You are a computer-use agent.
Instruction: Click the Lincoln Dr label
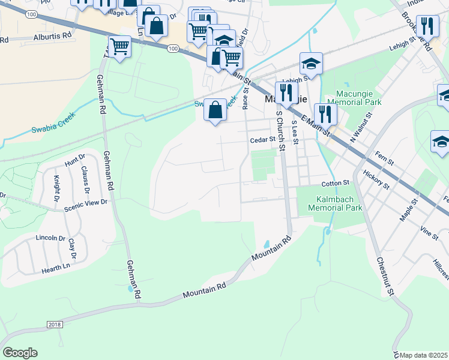pyautogui.click(x=50, y=238)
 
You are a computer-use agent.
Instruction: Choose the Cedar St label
pyautogui.click(x=262, y=140)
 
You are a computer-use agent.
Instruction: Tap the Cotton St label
pyautogui.click(x=335, y=182)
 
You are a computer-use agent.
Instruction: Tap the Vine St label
pyautogui.click(x=429, y=233)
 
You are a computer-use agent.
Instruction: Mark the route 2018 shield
pyautogui.click(x=54, y=324)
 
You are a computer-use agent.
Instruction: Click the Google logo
pyautogui.click(x=20, y=353)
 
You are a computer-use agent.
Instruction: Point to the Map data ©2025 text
pyautogui.click(x=424, y=355)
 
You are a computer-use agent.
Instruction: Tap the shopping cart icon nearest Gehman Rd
pyautogui.click(x=119, y=45)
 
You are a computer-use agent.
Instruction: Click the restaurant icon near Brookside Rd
pyautogui.click(x=427, y=25)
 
